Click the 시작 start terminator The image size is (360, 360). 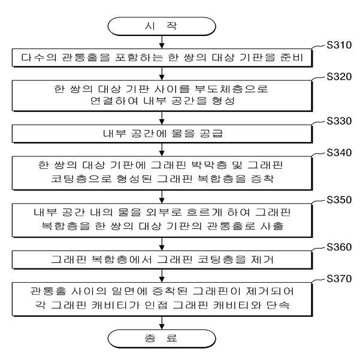pyautogui.click(x=162, y=26)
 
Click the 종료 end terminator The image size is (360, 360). pyautogui.click(x=162, y=338)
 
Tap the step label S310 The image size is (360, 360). pyautogui.click(x=339, y=45)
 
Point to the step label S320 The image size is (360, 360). pyautogui.click(x=339, y=77)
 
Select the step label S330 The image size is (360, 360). pyautogui.click(x=339, y=121)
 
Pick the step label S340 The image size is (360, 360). pyautogui.click(x=339, y=153)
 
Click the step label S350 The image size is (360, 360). pyautogui.click(x=339, y=200)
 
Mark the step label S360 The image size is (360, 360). pyautogui.click(x=339, y=247)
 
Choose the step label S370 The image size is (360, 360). pyautogui.click(x=339, y=279)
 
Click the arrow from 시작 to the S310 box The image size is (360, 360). pyautogui.click(x=162, y=42)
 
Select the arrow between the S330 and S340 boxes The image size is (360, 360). pyautogui.click(x=162, y=150)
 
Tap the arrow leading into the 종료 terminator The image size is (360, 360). pyautogui.click(x=162, y=323)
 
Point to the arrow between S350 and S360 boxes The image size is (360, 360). pyautogui.click(x=162, y=244)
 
